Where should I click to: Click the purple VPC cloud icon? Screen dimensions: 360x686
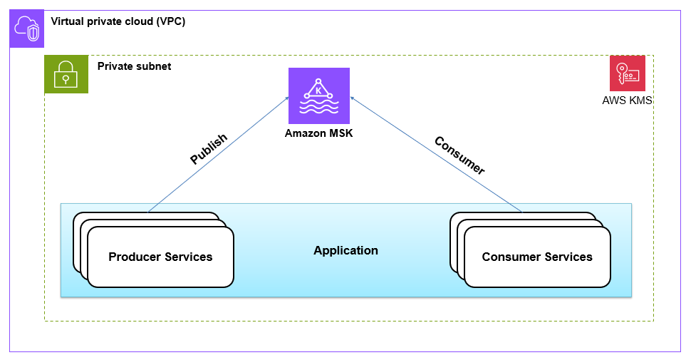coord(26,29)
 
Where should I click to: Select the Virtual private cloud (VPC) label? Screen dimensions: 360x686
coord(118,21)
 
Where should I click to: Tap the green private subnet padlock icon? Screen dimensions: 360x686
coord(66,74)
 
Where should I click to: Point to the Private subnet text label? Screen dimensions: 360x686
coord(134,66)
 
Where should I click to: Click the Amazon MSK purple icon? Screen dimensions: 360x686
coord(318,96)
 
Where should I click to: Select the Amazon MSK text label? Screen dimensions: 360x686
coord(318,133)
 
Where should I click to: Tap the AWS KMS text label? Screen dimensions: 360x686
coord(627,101)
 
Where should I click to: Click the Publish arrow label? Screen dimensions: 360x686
coord(208,149)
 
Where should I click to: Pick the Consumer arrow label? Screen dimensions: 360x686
coord(459,155)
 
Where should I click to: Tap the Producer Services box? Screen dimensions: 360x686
coord(160,257)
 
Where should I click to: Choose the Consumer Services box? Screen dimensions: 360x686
coord(537,257)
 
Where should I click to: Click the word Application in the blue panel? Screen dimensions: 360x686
coord(345,251)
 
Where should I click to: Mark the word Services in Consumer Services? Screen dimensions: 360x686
coord(567,257)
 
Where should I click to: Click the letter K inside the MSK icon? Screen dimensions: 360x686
coord(318,91)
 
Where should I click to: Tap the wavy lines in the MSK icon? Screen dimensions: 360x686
coord(318,109)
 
